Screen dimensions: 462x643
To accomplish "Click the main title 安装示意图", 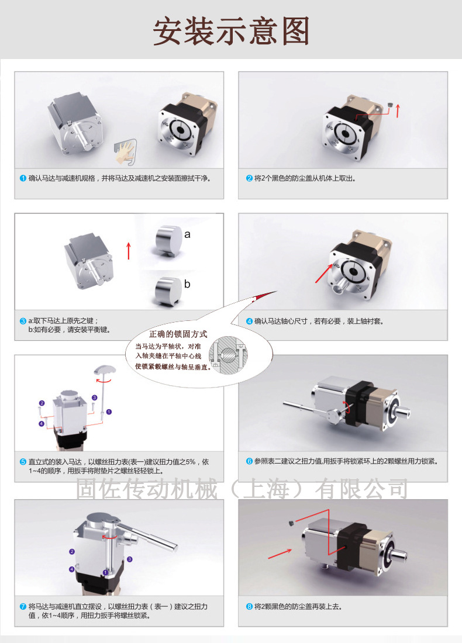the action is click(x=231, y=31).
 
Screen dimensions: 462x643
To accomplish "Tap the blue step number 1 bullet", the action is click(x=23, y=178).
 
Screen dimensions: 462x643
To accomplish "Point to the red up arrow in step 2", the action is click(x=398, y=110).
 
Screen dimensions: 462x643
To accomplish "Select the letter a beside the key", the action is click(x=187, y=234).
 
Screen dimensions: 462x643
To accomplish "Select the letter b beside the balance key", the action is click(x=187, y=284).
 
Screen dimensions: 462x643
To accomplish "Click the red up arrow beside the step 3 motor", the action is click(x=129, y=251).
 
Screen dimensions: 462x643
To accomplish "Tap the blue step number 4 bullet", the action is click(x=249, y=321).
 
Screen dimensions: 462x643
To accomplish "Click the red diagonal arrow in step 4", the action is click(x=324, y=273).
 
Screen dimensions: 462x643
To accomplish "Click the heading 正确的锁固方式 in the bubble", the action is click(x=178, y=334).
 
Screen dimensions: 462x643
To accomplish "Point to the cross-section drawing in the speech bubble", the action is click(x=229, y=355).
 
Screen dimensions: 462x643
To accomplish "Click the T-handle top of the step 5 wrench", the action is click(x=105, y=370).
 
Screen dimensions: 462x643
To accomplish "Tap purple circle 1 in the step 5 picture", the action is click(x=109, y=412).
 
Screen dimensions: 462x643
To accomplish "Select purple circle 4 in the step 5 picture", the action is click(x=42, y=424).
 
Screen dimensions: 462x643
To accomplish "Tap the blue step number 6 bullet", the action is click(x=249, y=461).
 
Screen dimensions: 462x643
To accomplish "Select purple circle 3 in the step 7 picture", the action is click(x=130, y=559).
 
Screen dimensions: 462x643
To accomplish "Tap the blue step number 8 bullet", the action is click(x=249, y=607).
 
